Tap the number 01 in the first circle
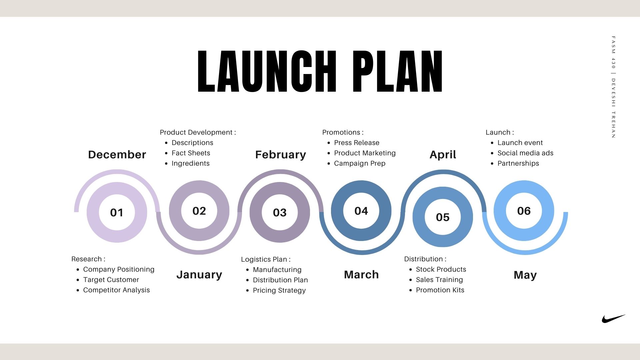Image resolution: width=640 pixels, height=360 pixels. point(117,213)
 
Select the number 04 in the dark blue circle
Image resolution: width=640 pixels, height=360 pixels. point(361,211)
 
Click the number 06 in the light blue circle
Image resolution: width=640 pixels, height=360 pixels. point(524,211)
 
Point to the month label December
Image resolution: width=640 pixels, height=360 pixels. point(117,155)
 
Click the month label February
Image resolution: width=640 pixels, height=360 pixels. point(280,155)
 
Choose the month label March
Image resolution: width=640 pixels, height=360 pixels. point(361,275)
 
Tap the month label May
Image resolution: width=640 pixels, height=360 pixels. point(525,275)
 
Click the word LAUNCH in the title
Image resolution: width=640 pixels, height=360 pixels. point(267,71)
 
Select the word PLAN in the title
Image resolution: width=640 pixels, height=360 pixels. point(398,71)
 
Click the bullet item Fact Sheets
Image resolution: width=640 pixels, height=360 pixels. point(191,153)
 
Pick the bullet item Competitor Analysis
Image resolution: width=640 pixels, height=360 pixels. point(116,290)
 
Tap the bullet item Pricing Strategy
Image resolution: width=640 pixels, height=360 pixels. point(279,290)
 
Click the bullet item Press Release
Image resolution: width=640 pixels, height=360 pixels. point(357,143)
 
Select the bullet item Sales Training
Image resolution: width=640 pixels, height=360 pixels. point(439,280)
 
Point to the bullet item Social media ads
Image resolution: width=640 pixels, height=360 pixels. point(525,153)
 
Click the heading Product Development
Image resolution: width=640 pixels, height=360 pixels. point(196,132)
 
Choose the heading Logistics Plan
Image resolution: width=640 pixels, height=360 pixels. point(264,259)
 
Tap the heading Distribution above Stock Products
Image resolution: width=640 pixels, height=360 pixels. point(423,259)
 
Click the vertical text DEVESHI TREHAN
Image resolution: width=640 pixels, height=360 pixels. point(613,108)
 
